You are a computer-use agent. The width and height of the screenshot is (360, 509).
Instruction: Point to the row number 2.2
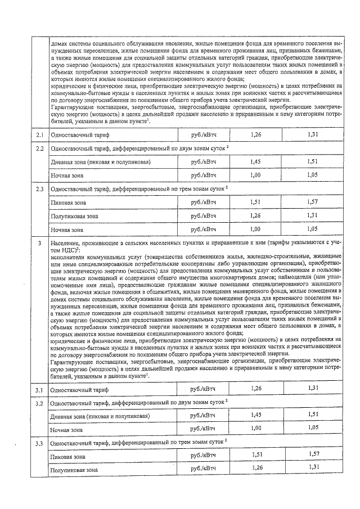[39, 148]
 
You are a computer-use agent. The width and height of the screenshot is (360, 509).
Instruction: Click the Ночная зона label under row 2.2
[66, 176]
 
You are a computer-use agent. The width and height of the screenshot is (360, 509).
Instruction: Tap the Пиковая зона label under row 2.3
[68, 202]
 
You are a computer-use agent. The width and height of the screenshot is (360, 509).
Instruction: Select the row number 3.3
[39, 444]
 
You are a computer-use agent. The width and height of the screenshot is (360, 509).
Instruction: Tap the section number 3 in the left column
[39, 243]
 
